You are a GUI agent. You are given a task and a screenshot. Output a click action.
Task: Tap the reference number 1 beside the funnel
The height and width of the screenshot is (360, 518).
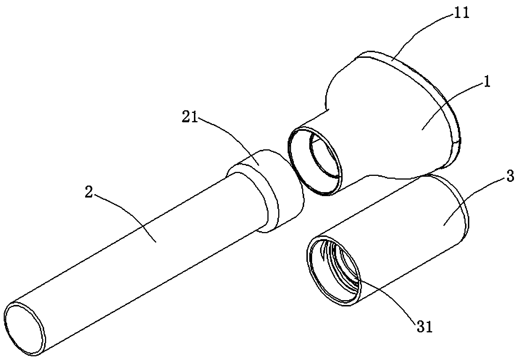(487, 83)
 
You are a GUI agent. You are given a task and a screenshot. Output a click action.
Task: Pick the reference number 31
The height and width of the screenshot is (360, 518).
(424, 328)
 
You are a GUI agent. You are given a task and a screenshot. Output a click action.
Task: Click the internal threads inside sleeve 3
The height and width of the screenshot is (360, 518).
(342, 265)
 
